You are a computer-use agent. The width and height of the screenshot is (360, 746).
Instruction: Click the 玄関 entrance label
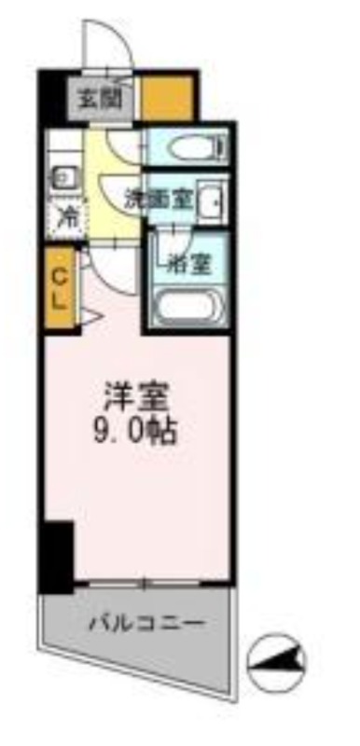101,100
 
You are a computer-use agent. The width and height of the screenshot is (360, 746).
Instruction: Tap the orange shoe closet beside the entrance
167,98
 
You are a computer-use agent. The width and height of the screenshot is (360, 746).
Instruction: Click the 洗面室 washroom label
158,200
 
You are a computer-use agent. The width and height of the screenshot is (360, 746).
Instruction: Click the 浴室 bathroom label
189,266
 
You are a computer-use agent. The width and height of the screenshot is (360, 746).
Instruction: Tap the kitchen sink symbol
60,178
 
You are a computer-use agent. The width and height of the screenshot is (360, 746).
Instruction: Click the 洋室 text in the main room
136,395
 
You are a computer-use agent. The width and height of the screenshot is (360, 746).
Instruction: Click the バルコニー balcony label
147,623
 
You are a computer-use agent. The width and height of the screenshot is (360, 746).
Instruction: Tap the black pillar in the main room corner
57,557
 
